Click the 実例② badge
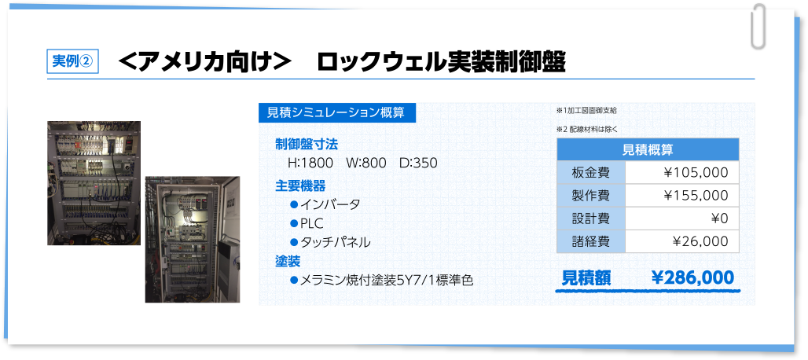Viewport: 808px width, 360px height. pyautogui.click(x=72, y=61)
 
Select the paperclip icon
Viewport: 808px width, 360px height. pyautogui.click(x=758, y=26)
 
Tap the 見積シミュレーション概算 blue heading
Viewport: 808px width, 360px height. pyautogui.click(x=337, y=112)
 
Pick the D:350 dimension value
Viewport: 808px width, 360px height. pyautogui.click(x=418, y=163)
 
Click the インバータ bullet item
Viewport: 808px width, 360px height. pyautogui.click(x=325, y=204)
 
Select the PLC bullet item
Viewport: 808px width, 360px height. pyautogui.click(x=307, y=223)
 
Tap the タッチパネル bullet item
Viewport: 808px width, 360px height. pyautogui.click(x=330, y=243)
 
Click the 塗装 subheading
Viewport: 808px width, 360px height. pyautogui.click(x=288, y=262)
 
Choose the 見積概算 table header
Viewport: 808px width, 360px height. pyautogui.click(x=648, y=150)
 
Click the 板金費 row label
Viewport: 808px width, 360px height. pyautogui.click(x=591, y=172)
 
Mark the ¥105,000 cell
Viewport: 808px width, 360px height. pyautogui.click(x=696, y=172)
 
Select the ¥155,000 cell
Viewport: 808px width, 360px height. pyautogui.click(x=696, y=195)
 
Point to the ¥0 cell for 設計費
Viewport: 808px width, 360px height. pyautogui.click(x=719, y=219)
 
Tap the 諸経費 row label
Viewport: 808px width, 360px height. pyautogui.click(x=591, y=241)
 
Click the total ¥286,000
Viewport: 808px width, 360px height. pyautogui.click(x=692, y=278)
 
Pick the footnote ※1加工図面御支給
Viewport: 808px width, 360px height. pyautogui.click(x=586, y=110)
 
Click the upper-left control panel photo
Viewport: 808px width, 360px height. pyautogui.click(x=94, y=183)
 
